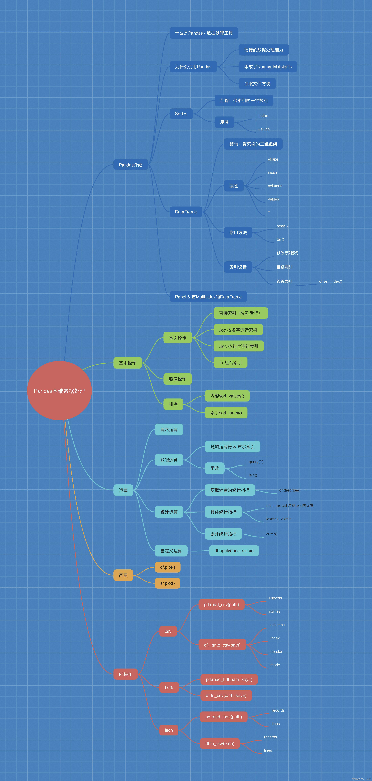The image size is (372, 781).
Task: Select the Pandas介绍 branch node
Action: click(x=131, y=165)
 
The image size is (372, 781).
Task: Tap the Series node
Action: click(x=181, y=114)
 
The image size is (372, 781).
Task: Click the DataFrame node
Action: click(x=186, y=212)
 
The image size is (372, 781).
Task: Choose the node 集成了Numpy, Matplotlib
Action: click(x=268, y=67)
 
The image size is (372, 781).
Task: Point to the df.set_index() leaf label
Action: click(x=330, y=281)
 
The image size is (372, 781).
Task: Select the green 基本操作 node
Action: click(x=128, y=363)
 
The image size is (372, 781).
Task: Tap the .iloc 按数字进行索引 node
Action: click(x=239, y=346)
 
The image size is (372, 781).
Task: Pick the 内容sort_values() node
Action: click(x=227, y=396)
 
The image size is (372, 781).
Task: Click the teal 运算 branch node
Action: click(x=123, y=490)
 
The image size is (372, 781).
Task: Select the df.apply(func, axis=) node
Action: click(x=234, y=551)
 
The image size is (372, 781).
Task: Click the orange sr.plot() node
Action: click(x=167, y=583)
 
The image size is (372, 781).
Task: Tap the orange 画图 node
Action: click(x=123, y=575)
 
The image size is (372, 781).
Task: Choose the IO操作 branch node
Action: click(x=125, y=674)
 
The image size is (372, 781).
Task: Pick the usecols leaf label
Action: click(x=275, y=598)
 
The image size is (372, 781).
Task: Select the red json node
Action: click(x=169, y=730)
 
